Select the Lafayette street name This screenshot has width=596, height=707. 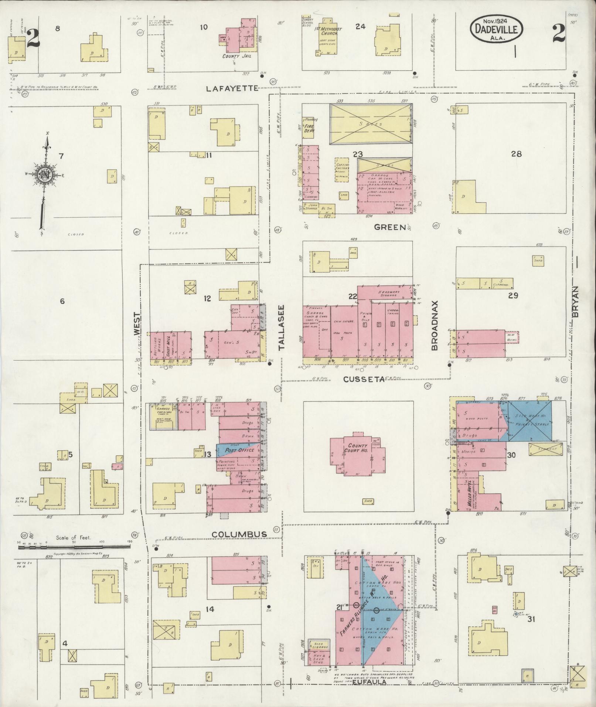[232, 88]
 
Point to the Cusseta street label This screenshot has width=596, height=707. [364, 379]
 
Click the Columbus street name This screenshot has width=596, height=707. [239, 534]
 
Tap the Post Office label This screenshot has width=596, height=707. [239, 450]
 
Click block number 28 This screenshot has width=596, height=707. [516, 154]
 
